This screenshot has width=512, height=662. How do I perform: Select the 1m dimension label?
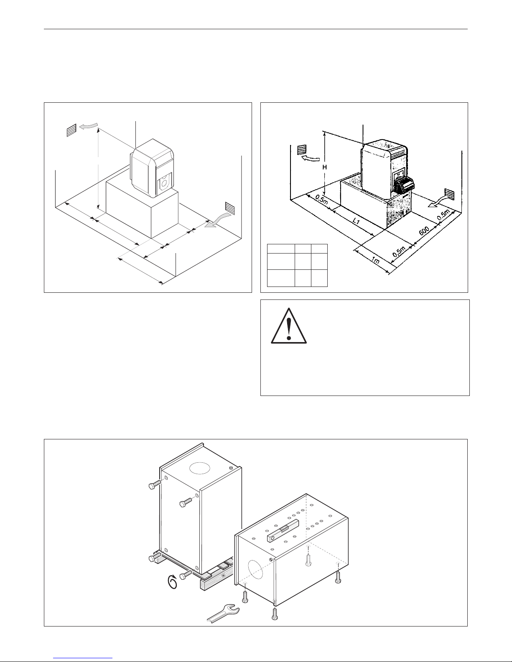[376, 261]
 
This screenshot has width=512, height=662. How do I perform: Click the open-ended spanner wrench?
[224, 612]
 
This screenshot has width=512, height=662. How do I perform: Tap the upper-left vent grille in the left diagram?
[72, 130]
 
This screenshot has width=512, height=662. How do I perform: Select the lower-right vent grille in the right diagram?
[450, 194]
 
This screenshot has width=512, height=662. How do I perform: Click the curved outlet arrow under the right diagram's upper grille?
[311, 158]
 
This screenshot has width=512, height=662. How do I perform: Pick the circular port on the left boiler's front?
[164, 182]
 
